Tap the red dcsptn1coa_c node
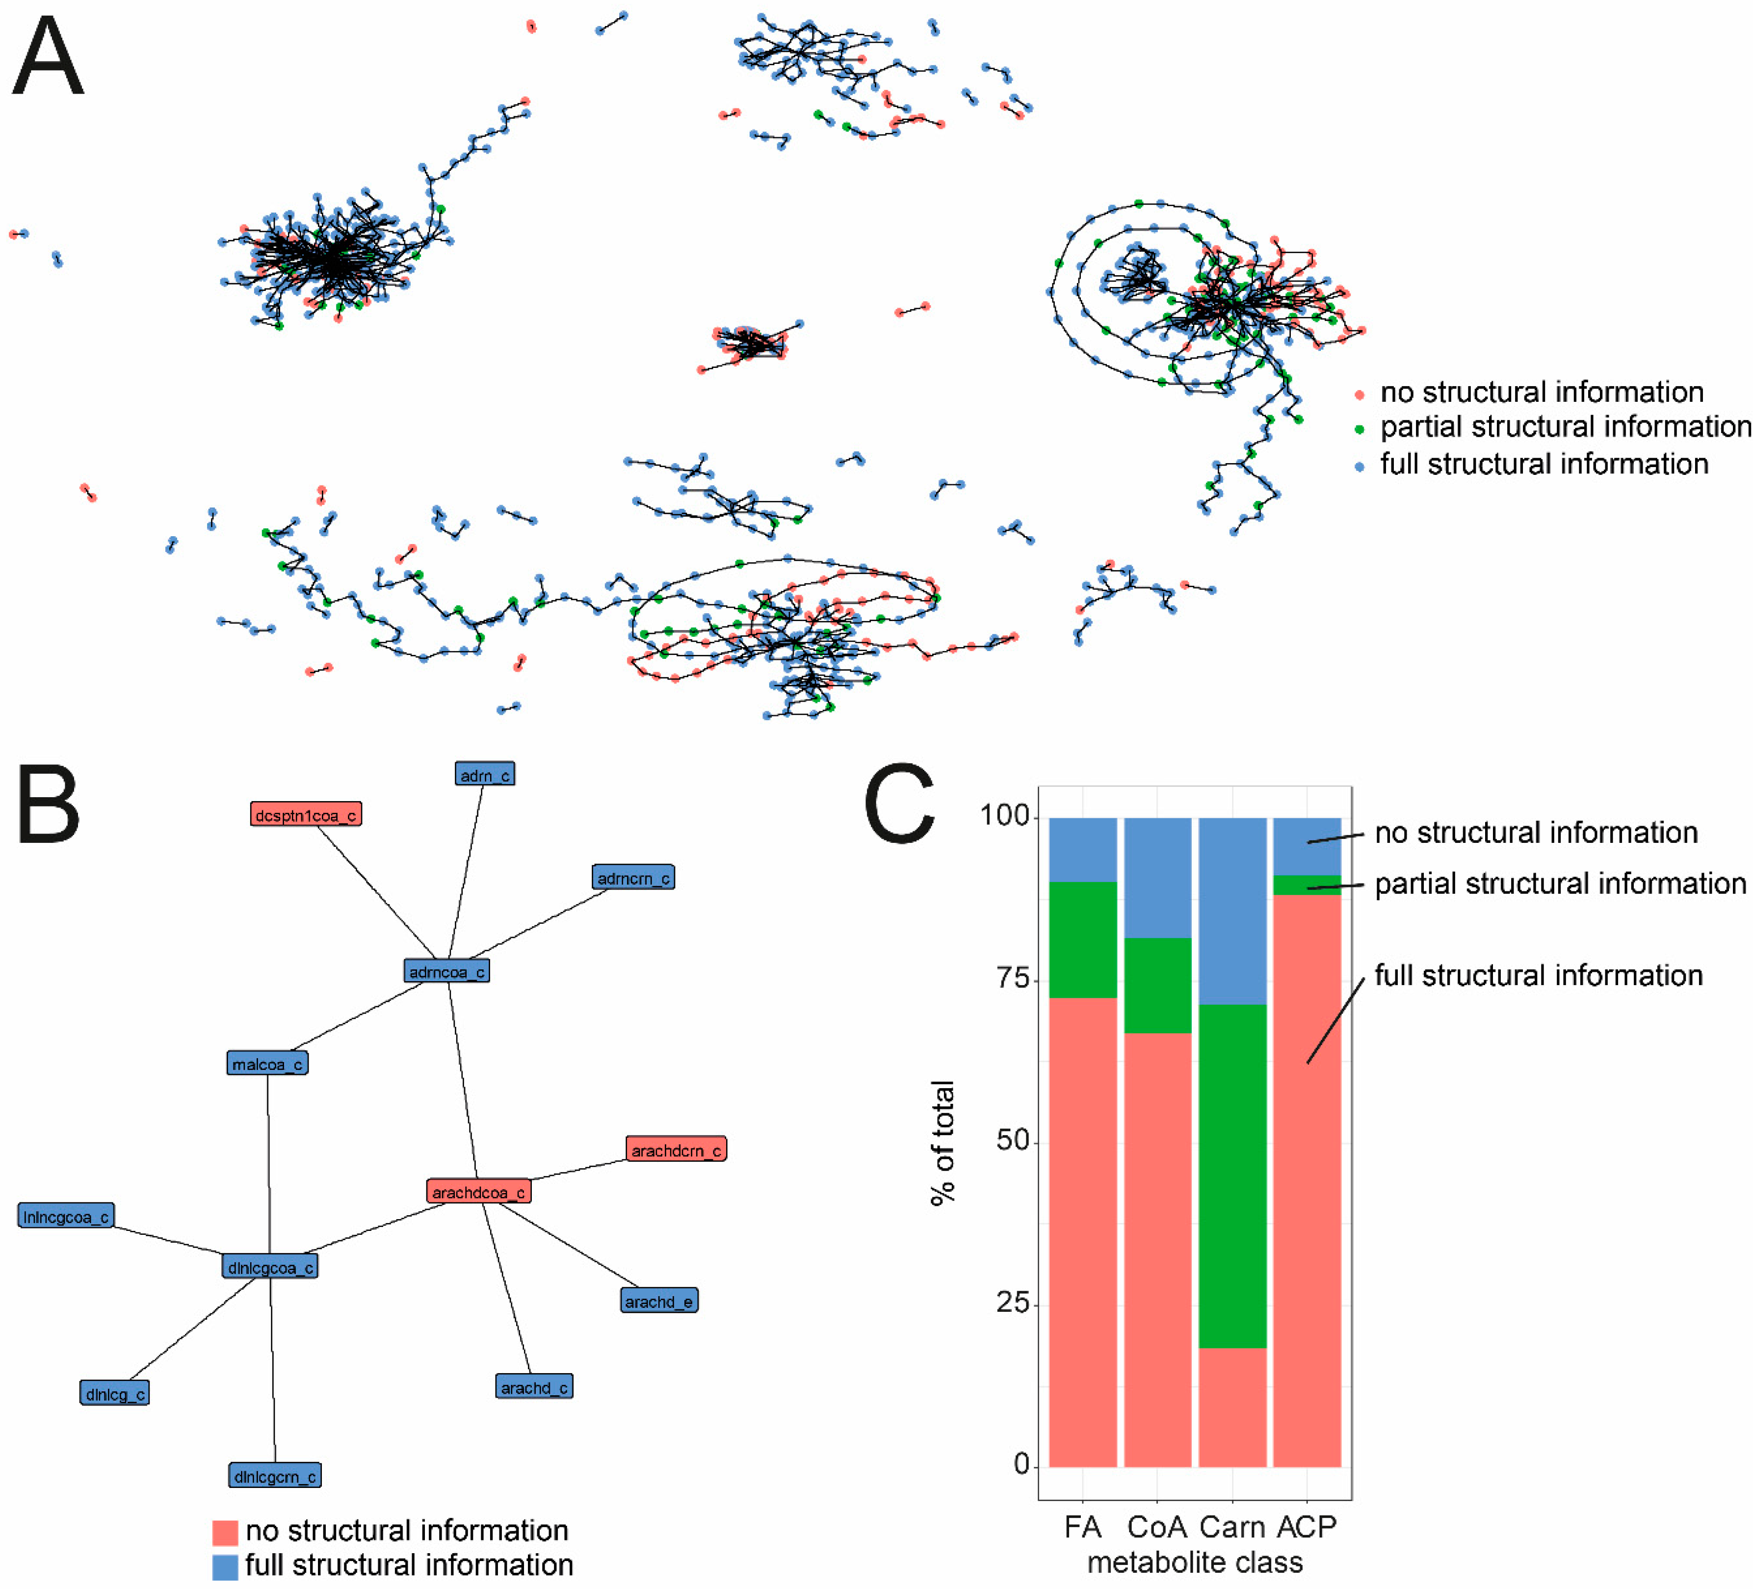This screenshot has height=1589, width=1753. (x=305, y=814)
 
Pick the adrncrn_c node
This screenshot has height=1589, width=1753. (x=633, y=878)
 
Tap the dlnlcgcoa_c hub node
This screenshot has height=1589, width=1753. (x=269, y=1267)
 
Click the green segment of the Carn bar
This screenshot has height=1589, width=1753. (x=1232, y=1176)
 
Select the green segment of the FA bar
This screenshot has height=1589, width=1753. (x=1083, y=939)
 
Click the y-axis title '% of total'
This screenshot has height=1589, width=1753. (x=942, y=1142)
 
